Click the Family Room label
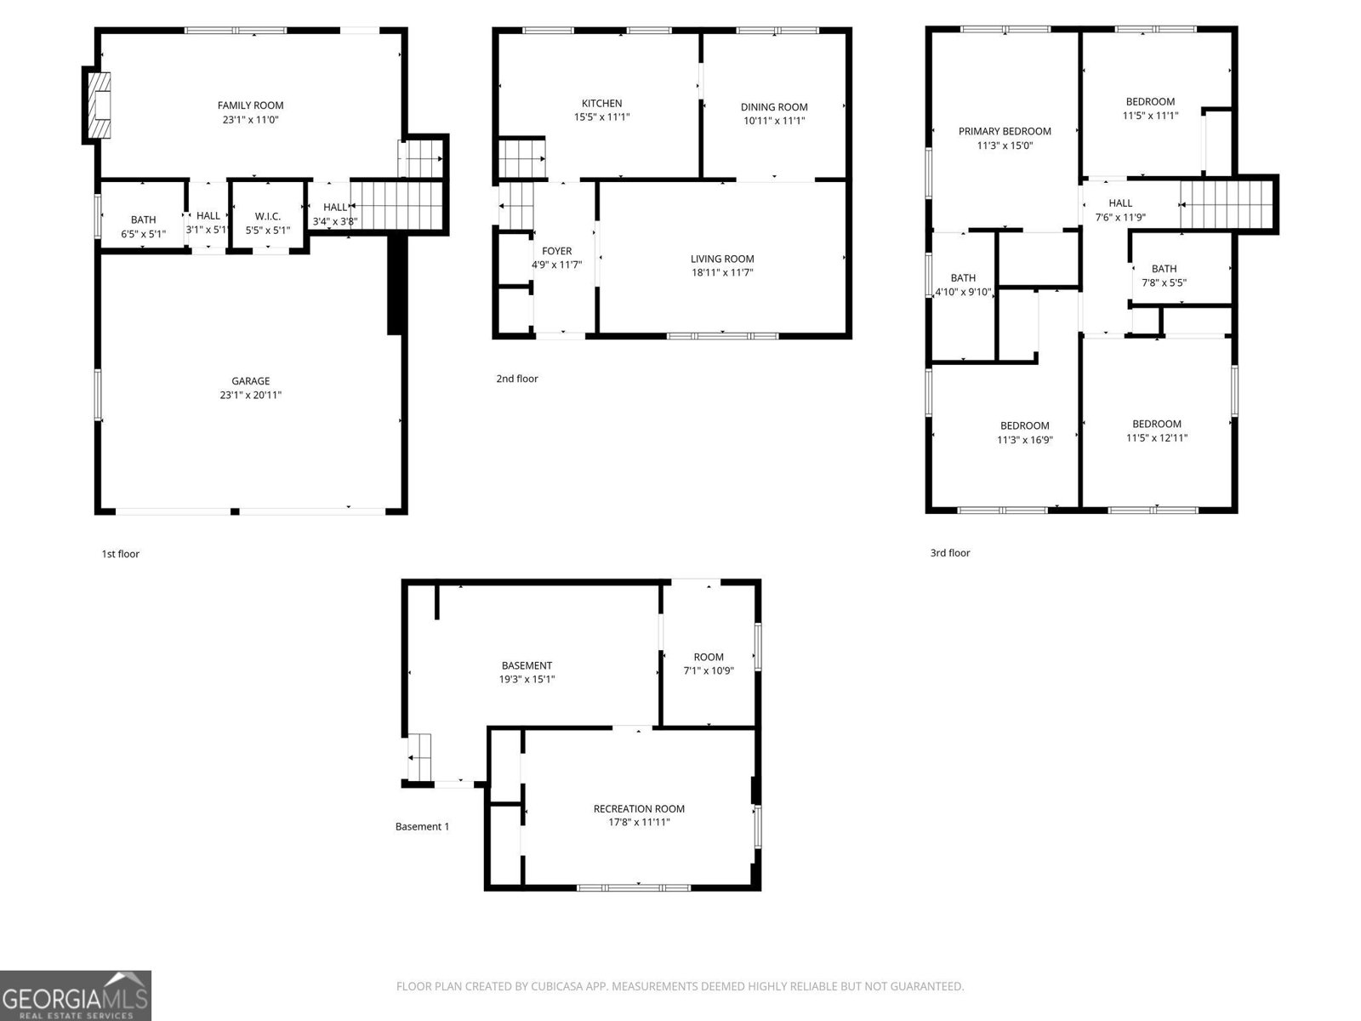(x=250, y=106)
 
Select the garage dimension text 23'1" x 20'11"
(x=250, y=395)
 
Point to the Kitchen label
(x=601, y=104)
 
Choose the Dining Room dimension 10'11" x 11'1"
(x=773, y=121)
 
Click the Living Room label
(x=721, y=259)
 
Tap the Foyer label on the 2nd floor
(x=557, y=251)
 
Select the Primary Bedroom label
(x=1005, y=131)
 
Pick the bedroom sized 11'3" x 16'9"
(x=1024, y=432)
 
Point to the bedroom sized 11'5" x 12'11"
(x=1157, y=431)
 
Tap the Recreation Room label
(x=639, y=808)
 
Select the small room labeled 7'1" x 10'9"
(x=709, y=663)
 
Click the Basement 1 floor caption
(x=422, y=826)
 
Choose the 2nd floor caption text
(x=517, y=379)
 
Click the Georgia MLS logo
(x=75, y=995)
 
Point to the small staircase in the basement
(x=419, y=756)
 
